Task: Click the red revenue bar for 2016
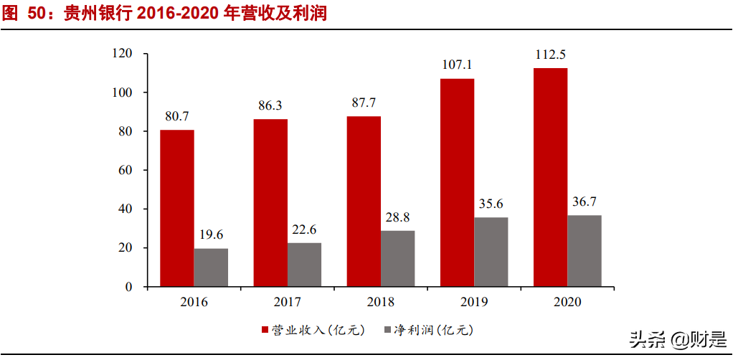176,208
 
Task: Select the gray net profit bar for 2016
211,267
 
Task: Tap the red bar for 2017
270,203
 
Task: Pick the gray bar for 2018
398,258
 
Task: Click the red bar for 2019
457,183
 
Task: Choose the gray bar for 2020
585,251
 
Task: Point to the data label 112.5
550,55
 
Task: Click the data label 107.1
457,65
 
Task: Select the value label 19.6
211,235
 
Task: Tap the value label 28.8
398,217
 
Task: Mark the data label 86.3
270,105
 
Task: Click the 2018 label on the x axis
381,302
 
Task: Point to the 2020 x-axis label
567,302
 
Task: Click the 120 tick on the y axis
123,54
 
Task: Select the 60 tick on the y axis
126,171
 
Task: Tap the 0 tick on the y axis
128,287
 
